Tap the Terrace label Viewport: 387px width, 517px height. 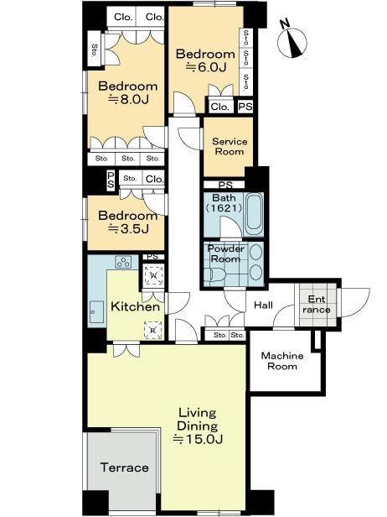click(x=124, y=467)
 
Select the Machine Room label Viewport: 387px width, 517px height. click(x=281, y=361)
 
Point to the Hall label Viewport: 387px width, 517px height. click(x=264, y=305)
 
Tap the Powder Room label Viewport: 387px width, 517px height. click(x=225, y=254)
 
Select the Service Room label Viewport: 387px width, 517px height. click(x=228, y=146)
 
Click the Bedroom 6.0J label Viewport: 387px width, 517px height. click(x=205, y=60)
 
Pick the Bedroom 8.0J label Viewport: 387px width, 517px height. click(x=127, y=92)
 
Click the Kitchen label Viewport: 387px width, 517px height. click(x=136, y=307)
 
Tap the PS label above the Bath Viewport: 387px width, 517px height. click(x=224, y=185)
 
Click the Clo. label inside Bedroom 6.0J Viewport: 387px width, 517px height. click(x=220, y=107)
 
